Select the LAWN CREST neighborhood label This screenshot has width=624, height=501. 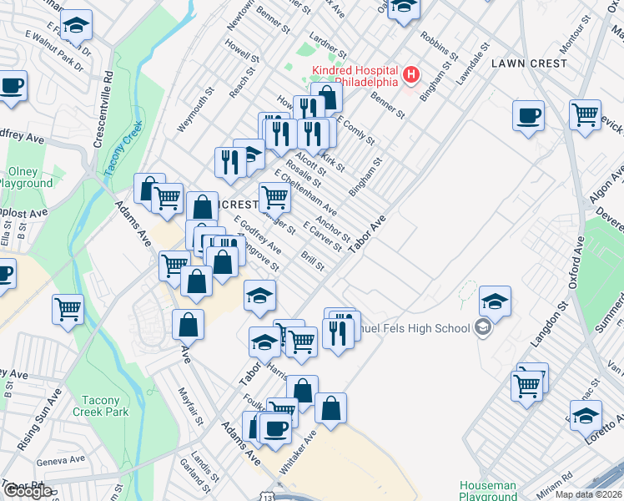pos(529,63)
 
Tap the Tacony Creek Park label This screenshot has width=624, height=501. pos(100,406)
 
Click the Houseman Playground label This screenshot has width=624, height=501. pos(488,490)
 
